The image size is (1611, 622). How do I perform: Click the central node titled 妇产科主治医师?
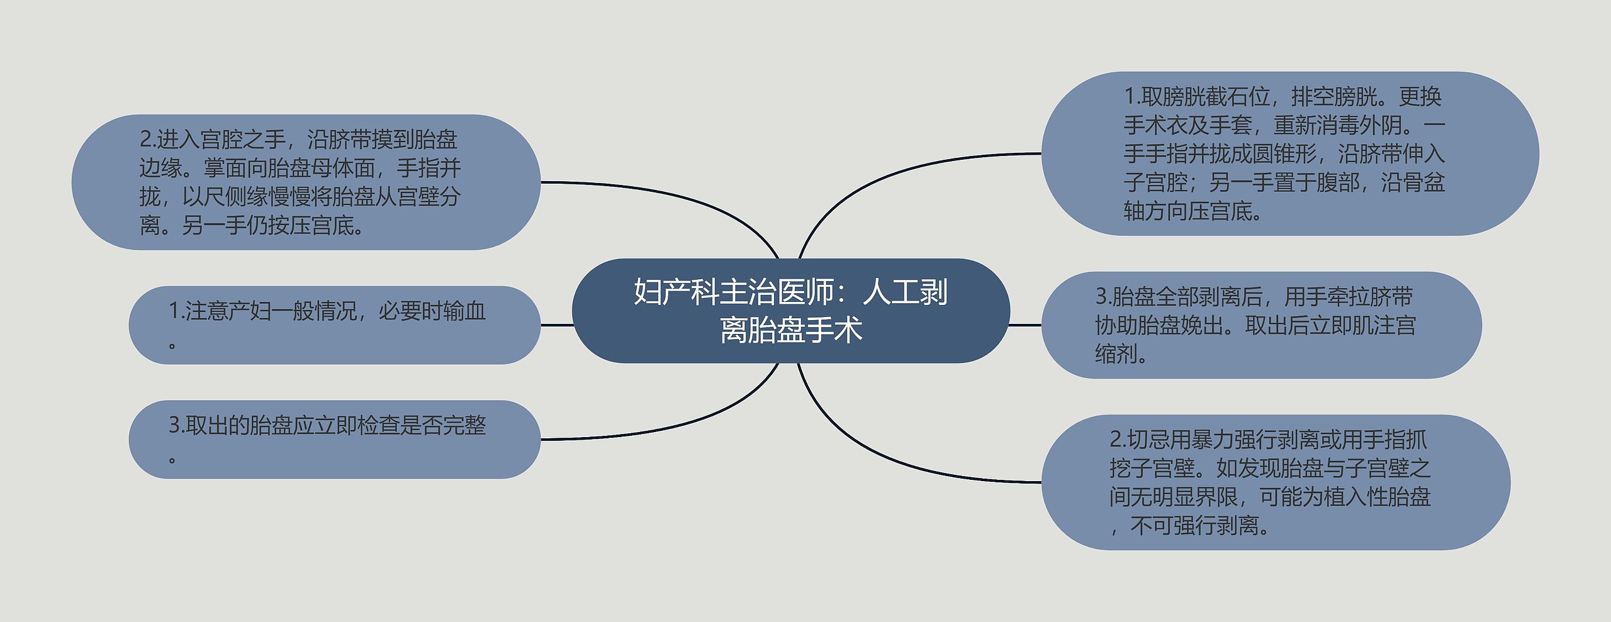tap(790, 311)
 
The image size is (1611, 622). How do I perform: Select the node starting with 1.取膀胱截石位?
tap(1289, 153)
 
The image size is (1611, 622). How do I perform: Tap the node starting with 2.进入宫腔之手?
tap(306, 182)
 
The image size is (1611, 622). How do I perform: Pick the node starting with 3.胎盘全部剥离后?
tap(1261, 325)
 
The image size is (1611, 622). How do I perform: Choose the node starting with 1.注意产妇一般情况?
tap(334, 325)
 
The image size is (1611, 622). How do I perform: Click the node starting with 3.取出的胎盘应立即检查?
tap(334, 440)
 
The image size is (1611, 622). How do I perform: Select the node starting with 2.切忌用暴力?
tap(1276, 482)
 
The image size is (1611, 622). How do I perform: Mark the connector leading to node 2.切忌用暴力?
tap(881, 459)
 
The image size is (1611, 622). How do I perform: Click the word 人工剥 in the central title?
tap(906, 292)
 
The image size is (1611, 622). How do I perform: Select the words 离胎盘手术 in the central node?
tap(790, 330)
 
